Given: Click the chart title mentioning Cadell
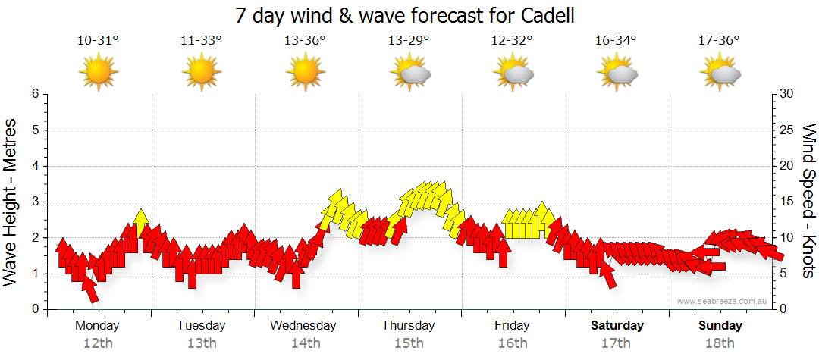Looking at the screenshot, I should [409, 14].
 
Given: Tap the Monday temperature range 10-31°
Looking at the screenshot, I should [98, 41].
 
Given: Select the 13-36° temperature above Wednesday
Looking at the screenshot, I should [305, 41].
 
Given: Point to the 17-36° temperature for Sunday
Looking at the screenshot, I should [719, 41].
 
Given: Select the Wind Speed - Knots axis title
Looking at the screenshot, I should [807, 202].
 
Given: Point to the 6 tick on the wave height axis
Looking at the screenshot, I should [35, 94].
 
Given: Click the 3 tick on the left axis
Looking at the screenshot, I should [35, 202].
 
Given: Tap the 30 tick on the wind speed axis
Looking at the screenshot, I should [787, 94].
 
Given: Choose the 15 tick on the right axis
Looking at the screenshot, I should [787, 202].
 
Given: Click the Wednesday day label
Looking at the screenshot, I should [303, 326].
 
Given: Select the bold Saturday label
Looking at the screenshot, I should [617, 326].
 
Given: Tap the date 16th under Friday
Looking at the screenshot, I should [513, 343].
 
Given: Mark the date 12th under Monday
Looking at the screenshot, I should [98, 343].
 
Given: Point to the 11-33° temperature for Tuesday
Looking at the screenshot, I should [201, 41].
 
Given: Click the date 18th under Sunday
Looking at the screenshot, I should [720, 343].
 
